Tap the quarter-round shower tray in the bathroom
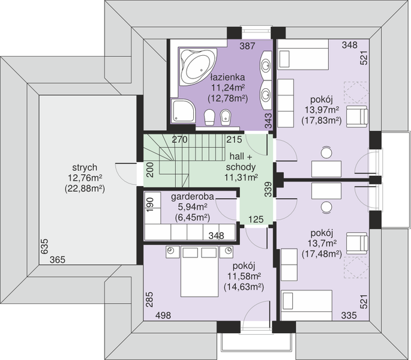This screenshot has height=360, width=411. [x=183, y=111]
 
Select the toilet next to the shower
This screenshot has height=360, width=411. [x=209, y=117]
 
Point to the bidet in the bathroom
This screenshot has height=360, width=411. [x=226, y=117]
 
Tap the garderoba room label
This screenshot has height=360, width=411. [x=193, y=197]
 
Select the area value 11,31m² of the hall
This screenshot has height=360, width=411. [x=241, y=178]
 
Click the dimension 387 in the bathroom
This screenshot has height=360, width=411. [x=247, y=46]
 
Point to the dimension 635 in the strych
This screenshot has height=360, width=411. [x=44, y=246]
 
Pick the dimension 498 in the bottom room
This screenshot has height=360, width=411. [x=163, y=315]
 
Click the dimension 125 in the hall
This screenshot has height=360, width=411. [x=256, y=219]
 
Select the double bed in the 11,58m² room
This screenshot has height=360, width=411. [x=199, y=271]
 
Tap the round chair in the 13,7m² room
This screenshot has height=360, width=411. [x=326, y=207]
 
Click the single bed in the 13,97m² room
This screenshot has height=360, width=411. [x=303, y=55]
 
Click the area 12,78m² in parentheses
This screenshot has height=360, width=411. [x=228, y=98]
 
